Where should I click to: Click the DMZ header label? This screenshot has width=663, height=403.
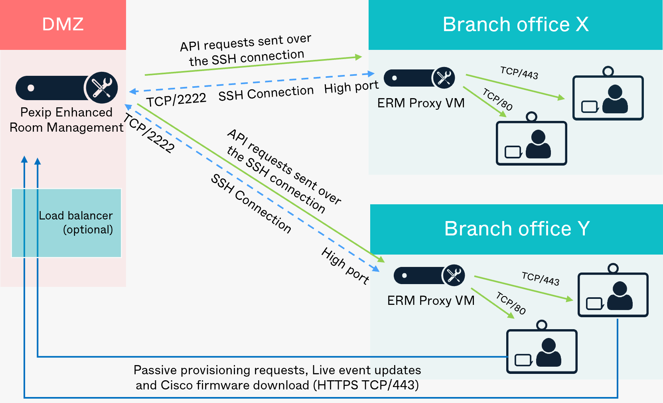click(63, 24)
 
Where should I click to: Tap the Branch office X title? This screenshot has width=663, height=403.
click(515, 24)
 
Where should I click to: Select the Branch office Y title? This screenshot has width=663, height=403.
click(517, 229)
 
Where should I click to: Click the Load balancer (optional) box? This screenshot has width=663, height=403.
click(66, 223)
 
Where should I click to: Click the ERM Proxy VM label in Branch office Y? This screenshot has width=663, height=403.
click(431, 300)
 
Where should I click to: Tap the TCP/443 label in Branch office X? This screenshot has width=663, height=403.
click(519, 73)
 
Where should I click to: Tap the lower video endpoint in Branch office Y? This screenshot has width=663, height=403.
click(541, 351)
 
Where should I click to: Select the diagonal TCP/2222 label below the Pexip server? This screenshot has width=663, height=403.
click(149, 133)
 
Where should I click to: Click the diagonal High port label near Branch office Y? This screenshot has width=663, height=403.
click(345, 266)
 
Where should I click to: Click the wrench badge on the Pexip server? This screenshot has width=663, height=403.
click(102, 88)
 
